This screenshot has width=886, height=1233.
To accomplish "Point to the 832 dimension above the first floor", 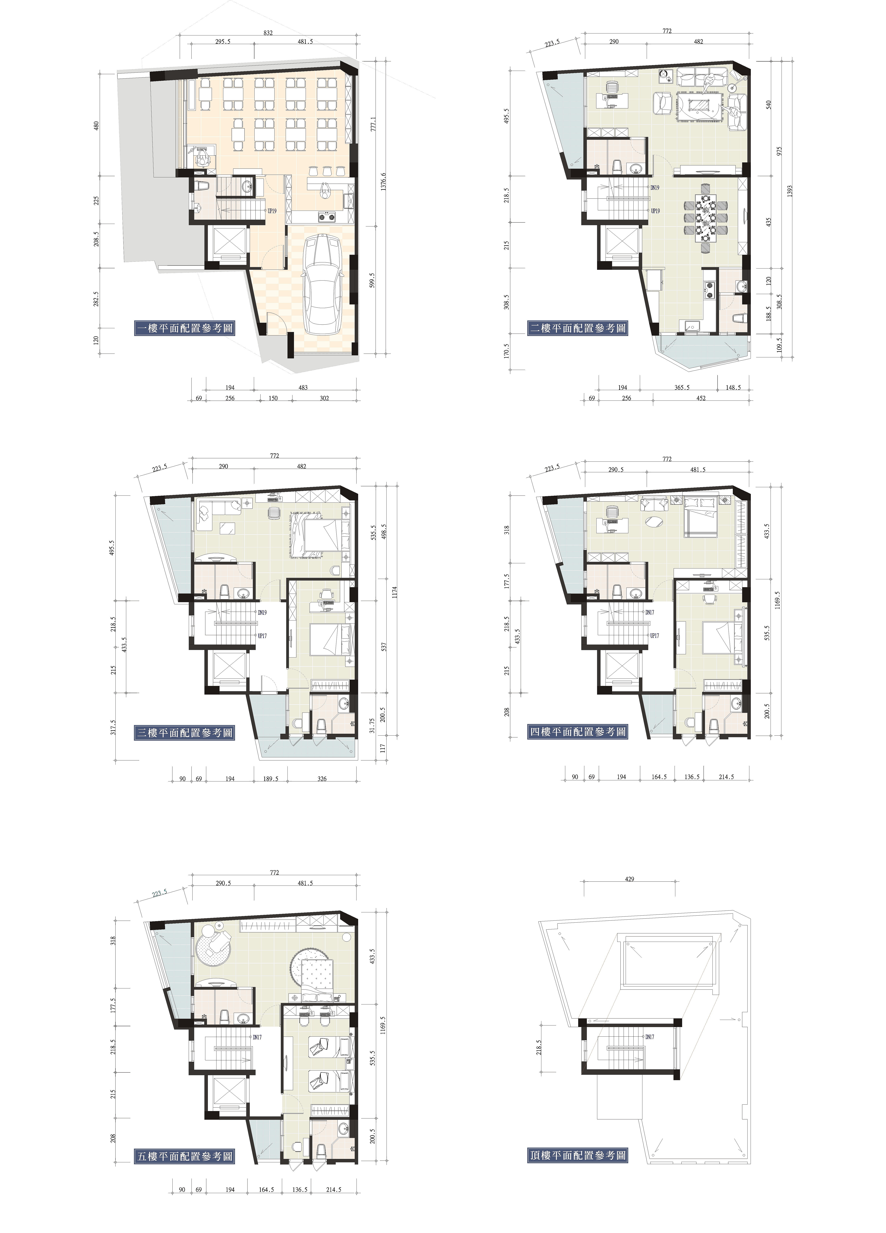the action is click(268, 33).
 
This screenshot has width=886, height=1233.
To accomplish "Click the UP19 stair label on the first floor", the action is click(272, 211).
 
